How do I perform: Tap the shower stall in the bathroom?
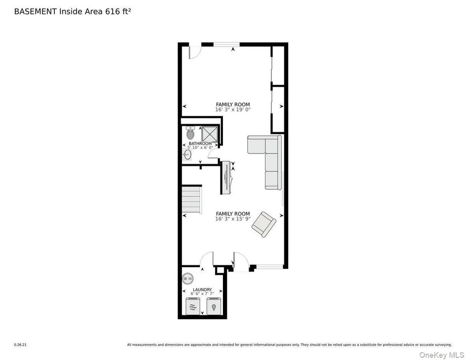(210, 134)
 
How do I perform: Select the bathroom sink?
(187, 155)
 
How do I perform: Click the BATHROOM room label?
(200, 143)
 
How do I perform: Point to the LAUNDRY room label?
(202, 289)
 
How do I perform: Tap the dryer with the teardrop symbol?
(214, 306)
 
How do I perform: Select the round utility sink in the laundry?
(188, 278)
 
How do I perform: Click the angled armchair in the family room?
(264, 224)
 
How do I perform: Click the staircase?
(192, 199)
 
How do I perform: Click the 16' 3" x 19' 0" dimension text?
(233, 110)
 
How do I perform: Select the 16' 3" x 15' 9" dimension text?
(233, 219)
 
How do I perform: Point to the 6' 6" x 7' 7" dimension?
(202, 294)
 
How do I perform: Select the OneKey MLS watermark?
(442, 355)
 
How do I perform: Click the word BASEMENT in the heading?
(35, 12)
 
